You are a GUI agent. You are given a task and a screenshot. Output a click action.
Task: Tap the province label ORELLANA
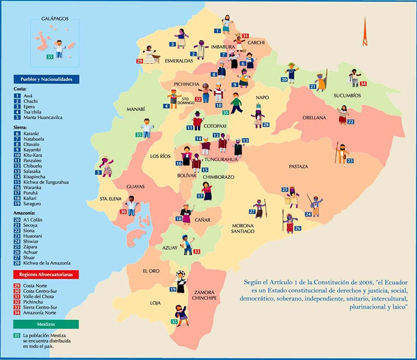[314, 118]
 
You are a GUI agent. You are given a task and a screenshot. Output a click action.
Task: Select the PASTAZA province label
[299, 166]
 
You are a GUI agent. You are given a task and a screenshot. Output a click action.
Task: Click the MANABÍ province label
[135, 109]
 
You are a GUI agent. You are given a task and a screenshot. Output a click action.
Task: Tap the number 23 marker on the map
[349, 161]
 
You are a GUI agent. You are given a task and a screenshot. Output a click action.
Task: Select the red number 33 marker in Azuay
[197, 251]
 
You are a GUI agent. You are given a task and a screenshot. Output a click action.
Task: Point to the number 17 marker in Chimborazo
[200, 196]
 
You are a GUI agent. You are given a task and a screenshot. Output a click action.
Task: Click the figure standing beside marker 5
[107, 166]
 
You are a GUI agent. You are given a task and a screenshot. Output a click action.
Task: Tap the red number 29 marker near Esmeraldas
[139, 62]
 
